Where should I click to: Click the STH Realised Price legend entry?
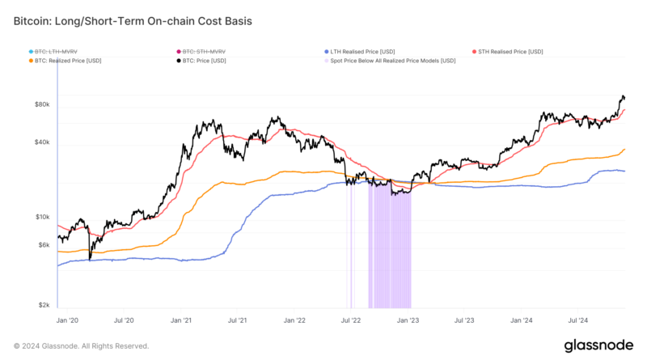[x=510, y=51]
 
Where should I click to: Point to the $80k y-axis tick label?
[x=42, y=104]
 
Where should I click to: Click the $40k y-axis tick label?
[x=42, y=142]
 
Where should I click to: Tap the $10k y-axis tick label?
[x=42, y=217]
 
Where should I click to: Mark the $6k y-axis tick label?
[x=44, y=245]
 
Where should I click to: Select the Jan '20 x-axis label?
[x=69, y=320]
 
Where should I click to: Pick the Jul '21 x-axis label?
[x=238, y=320]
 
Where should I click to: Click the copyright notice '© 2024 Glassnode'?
[x=81, y=345]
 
